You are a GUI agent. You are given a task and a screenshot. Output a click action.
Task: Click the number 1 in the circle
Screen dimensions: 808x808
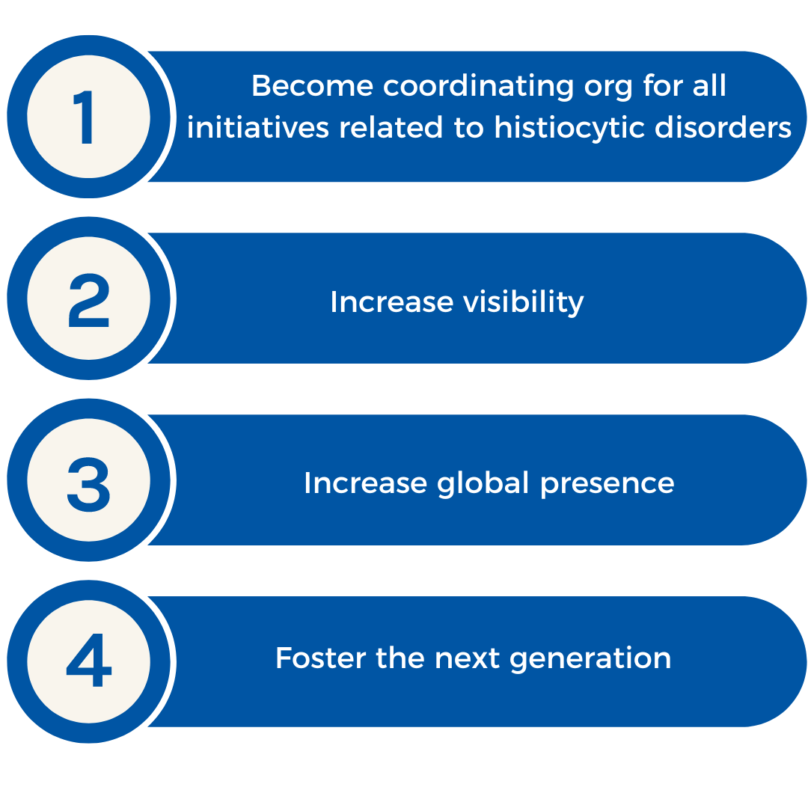pos(87,118)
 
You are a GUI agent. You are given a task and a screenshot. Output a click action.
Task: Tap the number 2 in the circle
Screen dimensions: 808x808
pos(88,301)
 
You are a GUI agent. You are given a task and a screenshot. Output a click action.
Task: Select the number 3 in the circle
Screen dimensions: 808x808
pos(88,483)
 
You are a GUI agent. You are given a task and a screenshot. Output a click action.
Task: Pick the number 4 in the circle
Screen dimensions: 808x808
pos(88,664)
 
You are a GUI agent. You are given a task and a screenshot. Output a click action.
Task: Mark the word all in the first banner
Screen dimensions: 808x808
pos(710,86)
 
